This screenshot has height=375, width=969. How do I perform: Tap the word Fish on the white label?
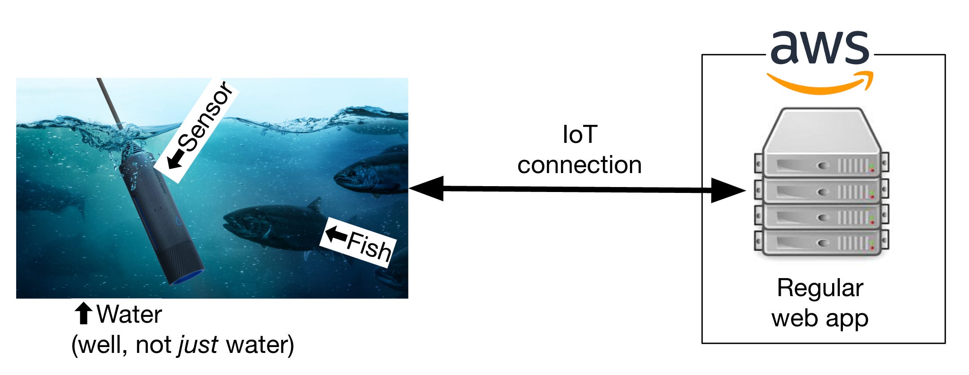pos(369,246)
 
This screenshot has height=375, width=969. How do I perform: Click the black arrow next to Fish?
pos(335,234)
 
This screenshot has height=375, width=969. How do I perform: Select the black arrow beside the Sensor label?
pos(176,160)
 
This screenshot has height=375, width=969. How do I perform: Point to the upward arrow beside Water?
pos(83,314)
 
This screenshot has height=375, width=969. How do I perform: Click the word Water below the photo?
pos(129,315)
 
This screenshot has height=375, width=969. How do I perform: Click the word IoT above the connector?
pos(580,135)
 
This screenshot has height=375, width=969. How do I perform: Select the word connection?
pos(580,165)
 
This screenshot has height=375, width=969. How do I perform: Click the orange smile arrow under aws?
pos(820,85)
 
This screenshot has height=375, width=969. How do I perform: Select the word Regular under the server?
pos(820,288)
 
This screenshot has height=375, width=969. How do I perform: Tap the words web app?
pos(820,318)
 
